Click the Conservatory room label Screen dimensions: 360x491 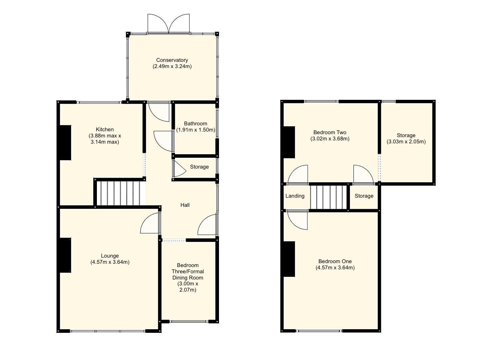coord(172,60)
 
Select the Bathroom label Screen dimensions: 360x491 coord(195,124)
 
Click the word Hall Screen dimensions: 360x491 coord(185,205)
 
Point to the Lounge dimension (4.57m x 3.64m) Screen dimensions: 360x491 coord(110,262)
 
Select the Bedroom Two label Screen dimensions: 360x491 coord(330,133)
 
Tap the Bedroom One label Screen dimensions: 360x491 coord(335,261)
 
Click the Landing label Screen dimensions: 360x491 coord(295,196)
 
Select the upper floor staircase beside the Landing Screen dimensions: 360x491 coord(328,197)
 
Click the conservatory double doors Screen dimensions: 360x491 coord(169,24)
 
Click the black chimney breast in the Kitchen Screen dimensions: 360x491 coord(65,143)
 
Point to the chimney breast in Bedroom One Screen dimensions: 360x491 coord(289,259)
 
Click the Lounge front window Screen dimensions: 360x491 coord(108,331)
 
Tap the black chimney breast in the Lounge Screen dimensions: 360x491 coord(65,255)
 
